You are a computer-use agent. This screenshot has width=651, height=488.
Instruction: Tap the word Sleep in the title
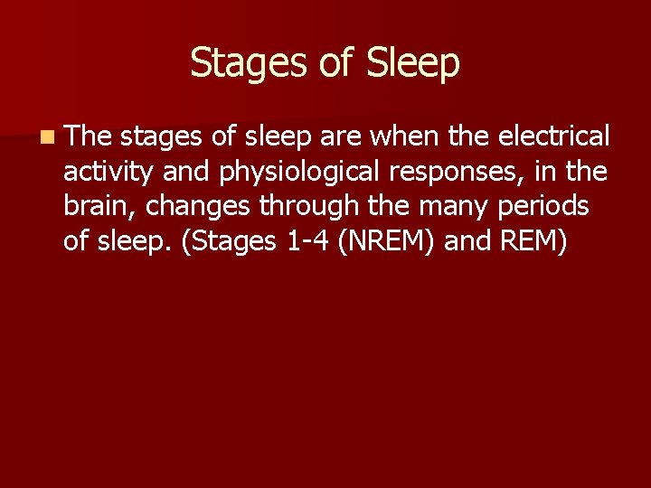point(413,63)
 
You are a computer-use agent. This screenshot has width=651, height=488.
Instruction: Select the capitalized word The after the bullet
point(89,136)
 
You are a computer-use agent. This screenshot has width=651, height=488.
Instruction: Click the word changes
point(199,206)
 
